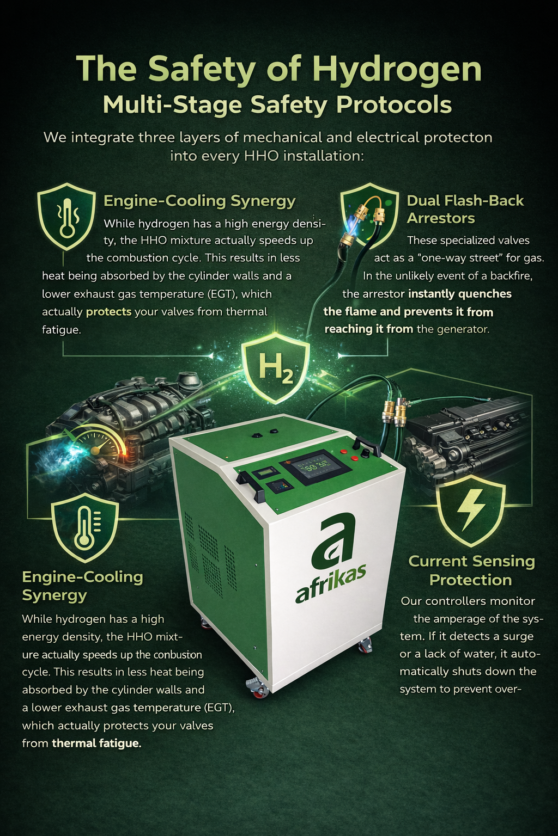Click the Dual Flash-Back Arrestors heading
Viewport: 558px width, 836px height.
(x=465, y=209)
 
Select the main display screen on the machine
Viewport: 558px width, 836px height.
(x=311, y=466)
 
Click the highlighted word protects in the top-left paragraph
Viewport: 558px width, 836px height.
(x=109, y=312)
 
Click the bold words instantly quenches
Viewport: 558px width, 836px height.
(x=460, y=294)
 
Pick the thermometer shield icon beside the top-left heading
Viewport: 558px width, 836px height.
(x=66, y=216)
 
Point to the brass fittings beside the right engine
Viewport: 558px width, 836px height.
(x=395, y=413)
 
